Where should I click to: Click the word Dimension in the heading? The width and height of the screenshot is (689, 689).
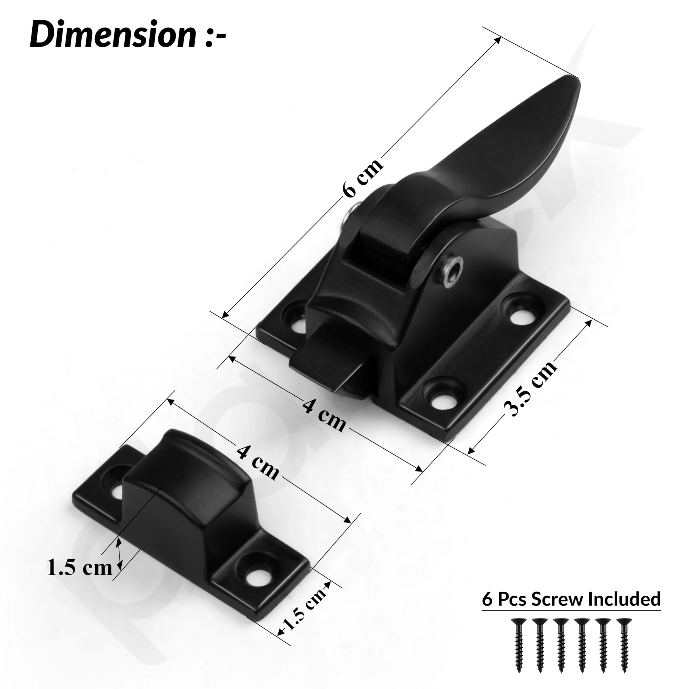(x=113, y=35)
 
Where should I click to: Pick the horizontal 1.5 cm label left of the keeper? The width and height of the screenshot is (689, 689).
(x=79, y=567)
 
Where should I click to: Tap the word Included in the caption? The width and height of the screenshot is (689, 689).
(x=624, y=599)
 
